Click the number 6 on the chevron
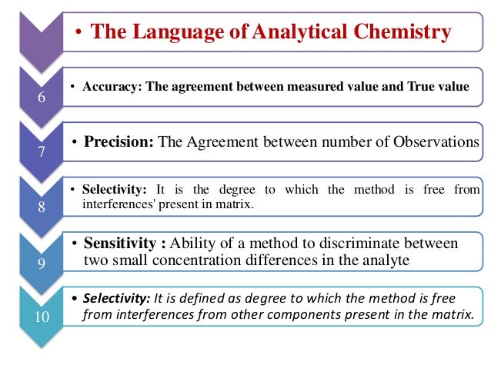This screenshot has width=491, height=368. (x=42, y=98)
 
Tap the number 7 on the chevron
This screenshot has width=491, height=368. (x=42, y=152)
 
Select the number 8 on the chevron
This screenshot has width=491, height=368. (x=42, y=206)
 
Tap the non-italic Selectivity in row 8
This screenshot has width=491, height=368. (x=109, y=190)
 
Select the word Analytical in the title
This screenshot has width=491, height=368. (x=292, y=32)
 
